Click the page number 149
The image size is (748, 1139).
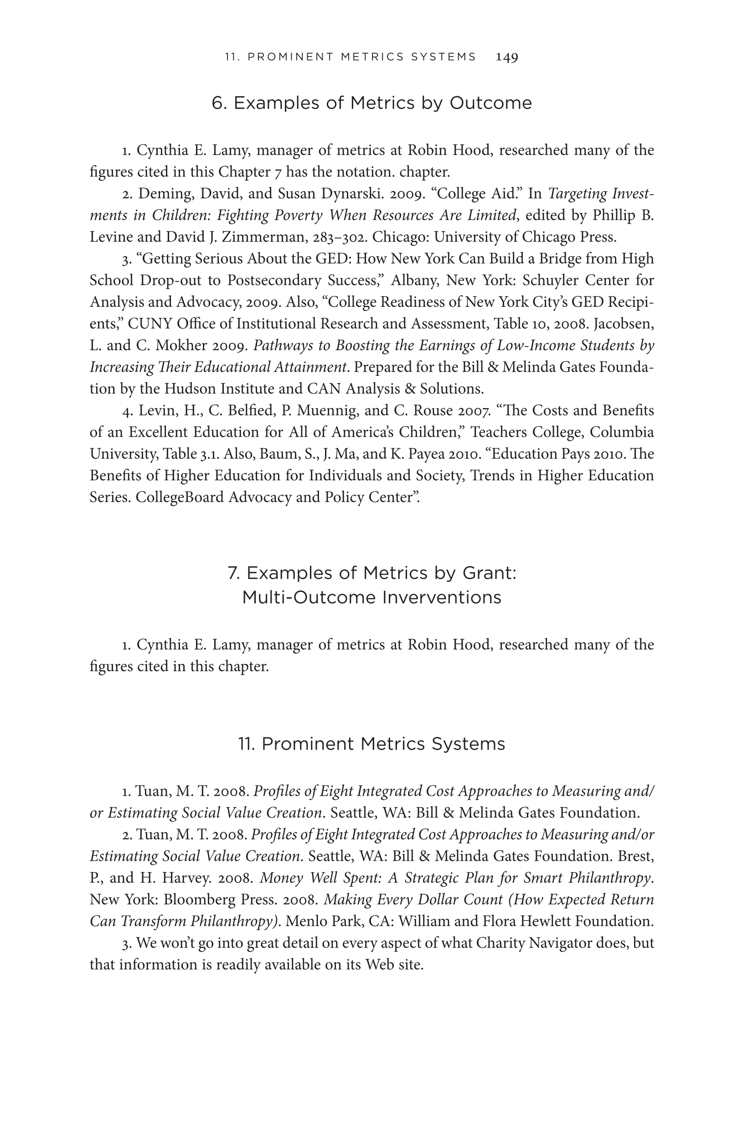(x=507, y=57)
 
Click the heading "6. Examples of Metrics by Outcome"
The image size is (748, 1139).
(x=371, y=103)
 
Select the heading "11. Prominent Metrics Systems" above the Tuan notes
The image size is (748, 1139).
(x=371, y=744)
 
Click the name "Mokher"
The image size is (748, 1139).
(x=181, y=345)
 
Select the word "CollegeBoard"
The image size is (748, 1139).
(x=180, y=497)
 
